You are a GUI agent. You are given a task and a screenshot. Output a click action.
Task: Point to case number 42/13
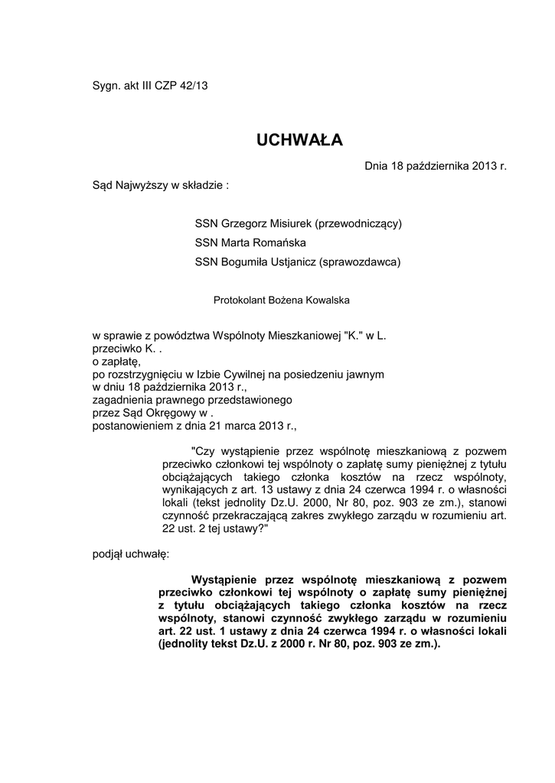[x=192, y=86]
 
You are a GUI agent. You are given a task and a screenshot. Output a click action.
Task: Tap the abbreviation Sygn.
[x=106, y=86]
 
